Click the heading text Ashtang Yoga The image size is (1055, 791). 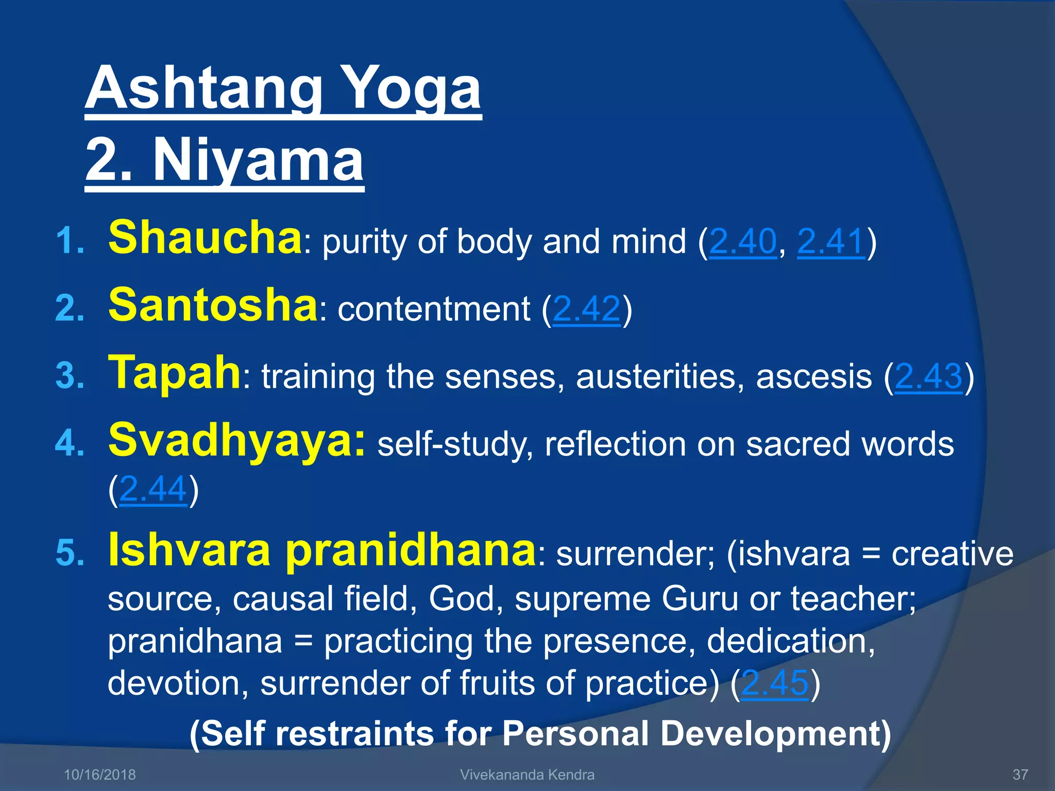(283, 89)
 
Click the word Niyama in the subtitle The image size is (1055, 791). (258, 161)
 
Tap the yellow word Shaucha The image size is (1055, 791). (205, 237)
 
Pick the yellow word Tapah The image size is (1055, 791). (174, 372)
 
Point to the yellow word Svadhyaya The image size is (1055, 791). (236, 440)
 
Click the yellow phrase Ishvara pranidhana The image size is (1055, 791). (322, 549)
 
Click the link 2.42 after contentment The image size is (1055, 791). (586, 309)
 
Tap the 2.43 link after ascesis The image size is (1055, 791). (928, 376)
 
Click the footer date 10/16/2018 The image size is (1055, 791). (99, 775)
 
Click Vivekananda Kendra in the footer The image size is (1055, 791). (527, 775)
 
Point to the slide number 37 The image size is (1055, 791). (1020, 775)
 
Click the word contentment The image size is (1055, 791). (434, 309)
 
